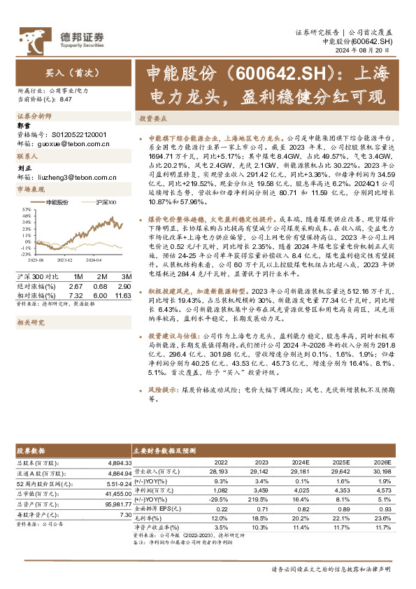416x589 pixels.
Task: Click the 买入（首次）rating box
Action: tap(67, 73)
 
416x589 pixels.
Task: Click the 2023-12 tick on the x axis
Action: tap(65, 259)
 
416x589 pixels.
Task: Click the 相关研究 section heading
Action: tap(30, 303)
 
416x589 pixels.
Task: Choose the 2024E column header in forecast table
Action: tap(300, 462)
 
